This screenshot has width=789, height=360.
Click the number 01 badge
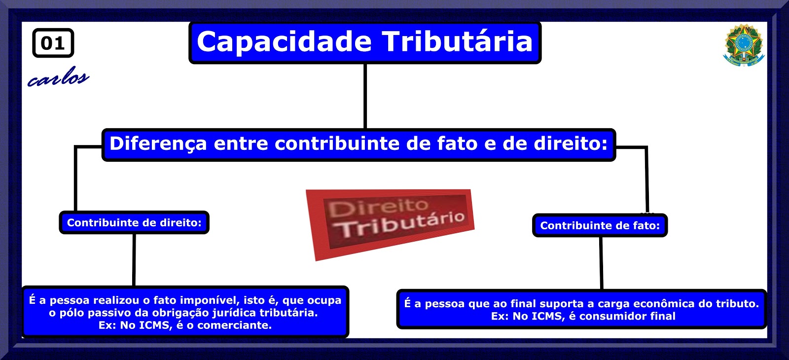pos(53,43)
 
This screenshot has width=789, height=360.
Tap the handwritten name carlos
pos(58,77)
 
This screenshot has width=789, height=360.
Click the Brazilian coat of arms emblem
pos(744,45)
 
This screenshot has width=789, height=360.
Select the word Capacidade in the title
pos(284,42)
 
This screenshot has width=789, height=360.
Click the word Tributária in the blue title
pos(458,42)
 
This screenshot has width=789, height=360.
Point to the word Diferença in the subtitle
pos(158,144)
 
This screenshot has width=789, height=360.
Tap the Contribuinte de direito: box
pos(134,222)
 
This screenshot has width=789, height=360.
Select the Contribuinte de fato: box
pos(600,225)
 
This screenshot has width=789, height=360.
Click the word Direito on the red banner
pos(379,208)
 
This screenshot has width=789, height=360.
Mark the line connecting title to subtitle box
pos(365,96)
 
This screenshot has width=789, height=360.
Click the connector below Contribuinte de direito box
pos(134,260)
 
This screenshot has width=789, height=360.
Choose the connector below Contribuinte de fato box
pos(601,263)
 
